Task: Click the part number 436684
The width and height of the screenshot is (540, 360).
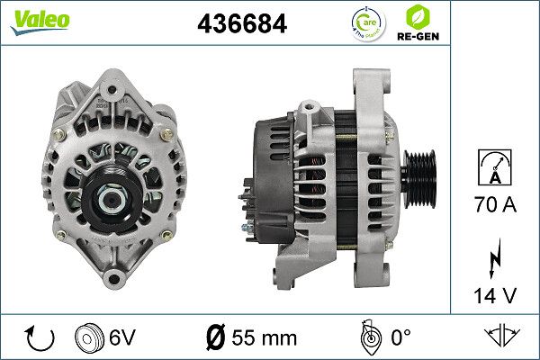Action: click(x=242, y=25)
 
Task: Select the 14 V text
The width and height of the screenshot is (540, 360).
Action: click(x=494, y=293)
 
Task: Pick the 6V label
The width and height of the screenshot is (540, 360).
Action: click(x=123, y=338)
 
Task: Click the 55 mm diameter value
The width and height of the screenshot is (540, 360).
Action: click(x=253, y=338)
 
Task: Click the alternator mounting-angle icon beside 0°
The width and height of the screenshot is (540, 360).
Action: click(x=367, y=337)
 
